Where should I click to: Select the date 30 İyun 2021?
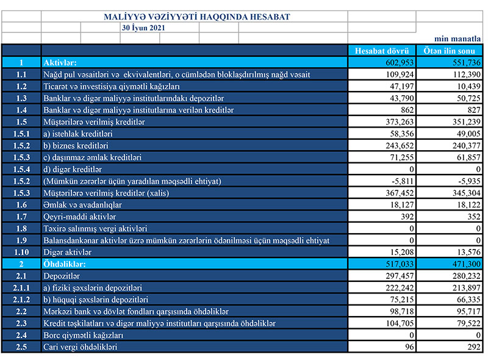[143, 27]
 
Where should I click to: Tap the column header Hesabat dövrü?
[382, 51]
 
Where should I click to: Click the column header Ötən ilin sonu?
[451, 51]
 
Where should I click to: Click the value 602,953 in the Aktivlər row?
[400, 62]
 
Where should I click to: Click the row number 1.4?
[21, 110]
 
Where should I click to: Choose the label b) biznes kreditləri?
[76, 145]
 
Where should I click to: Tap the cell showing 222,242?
[400, 287]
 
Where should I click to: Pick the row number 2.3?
[21, 323]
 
